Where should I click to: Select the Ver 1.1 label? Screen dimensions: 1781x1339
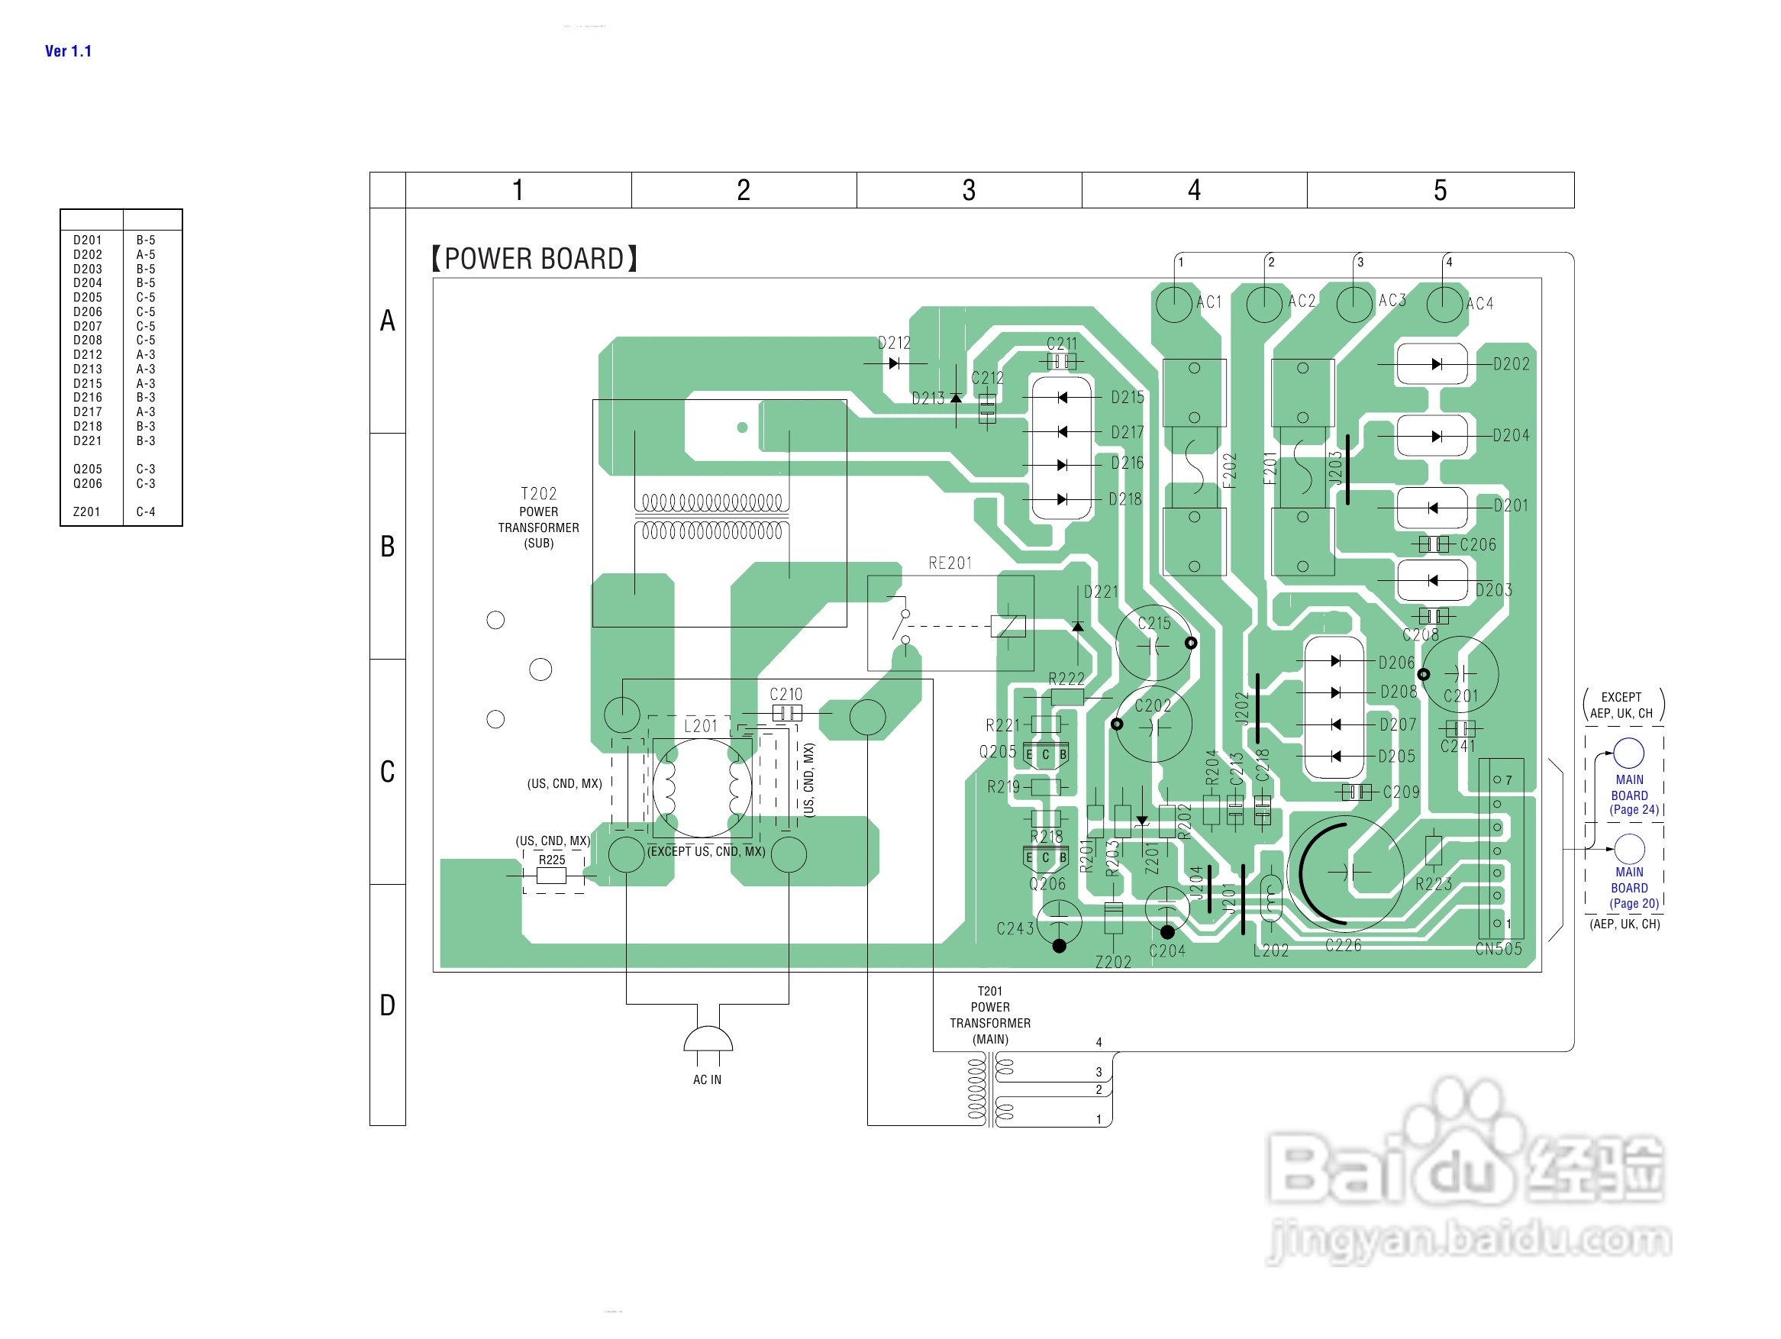tap(68, 50)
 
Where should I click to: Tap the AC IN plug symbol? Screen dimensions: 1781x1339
tap(708, 1041)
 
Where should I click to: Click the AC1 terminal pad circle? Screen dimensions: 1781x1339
tap(1173, 305)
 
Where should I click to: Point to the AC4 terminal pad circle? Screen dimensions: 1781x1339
tap(1444, 305)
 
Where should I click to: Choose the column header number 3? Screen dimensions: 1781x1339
tap(969, 190)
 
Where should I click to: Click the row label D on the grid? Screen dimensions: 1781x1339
tap(387, 1005)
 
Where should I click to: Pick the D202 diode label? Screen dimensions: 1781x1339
tap(1511, 364)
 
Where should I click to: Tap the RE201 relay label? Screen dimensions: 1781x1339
tap(950, 563)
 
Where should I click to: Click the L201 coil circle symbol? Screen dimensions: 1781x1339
tap(702, 788)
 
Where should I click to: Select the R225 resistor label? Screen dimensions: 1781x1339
tap(551, 860)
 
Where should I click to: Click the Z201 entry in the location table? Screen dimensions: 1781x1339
tap(87, 512)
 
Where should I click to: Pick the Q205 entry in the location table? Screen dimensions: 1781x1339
tap(87, 469)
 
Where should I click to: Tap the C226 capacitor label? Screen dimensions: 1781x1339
tap(1343, 945)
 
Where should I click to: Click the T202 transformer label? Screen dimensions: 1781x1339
tap(539, 494)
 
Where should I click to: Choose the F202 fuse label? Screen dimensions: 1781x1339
tap(1228, 470)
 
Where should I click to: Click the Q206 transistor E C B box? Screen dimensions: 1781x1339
tap(1046, 858)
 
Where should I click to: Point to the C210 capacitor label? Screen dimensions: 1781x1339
tap(786, 694)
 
